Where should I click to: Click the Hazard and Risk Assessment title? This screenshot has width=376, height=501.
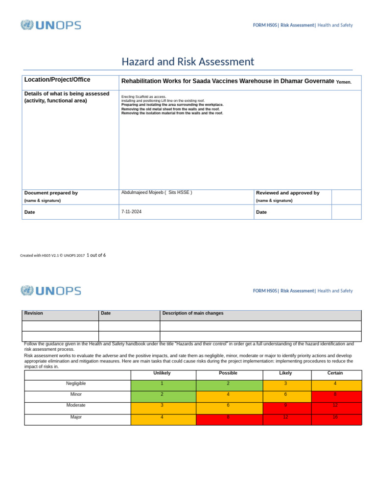pyautogui.click(x=188, y=62)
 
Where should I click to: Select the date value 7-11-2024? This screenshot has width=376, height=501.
pyautogui.click(x=131, y=212)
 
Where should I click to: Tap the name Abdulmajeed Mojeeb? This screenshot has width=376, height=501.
pyautogui.click(x=142, y=193)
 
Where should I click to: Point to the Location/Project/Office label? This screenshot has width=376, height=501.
pyautogui.click(x=57, y=80)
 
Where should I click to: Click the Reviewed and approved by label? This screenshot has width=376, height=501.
pyautogui.click(x=287, y=193)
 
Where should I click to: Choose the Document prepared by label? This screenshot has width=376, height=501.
pyautogui.click(x=51, y=193)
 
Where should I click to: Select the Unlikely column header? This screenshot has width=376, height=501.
pyautogui.click(x=162, y=373)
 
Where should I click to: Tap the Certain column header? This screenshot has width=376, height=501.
pyautogui.click(x=335, y=373)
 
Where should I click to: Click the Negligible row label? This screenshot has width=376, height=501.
pyautogui.click(x=76, y=384)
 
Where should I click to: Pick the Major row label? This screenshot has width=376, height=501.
pyautogui.click(x=76, y=417)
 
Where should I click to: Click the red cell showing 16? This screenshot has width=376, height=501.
pyautogui.click(x=335, y=417)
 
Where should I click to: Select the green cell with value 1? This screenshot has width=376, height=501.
pyautogui.click(x=162, y=384)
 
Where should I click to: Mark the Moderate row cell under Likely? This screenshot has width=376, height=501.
pyautogui.click(x=285, y=406)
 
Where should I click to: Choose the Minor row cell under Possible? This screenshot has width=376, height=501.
pyautogui.click(x=228, y=394)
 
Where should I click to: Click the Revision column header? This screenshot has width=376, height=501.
pyautogui.click(x=34, y=313)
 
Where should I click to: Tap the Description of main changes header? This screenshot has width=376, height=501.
pyautogui.click(x=193, y=313)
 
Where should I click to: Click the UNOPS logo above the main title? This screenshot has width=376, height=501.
pyautogui.click(x=51, y=25)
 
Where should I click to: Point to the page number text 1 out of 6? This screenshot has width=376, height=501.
pyautogui.click(x=96, y=255)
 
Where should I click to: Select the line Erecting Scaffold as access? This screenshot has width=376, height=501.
pyautogui.click(x=144, y=97)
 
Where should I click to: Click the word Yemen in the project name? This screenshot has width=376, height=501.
pyautogui.click(x=344, y=82)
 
